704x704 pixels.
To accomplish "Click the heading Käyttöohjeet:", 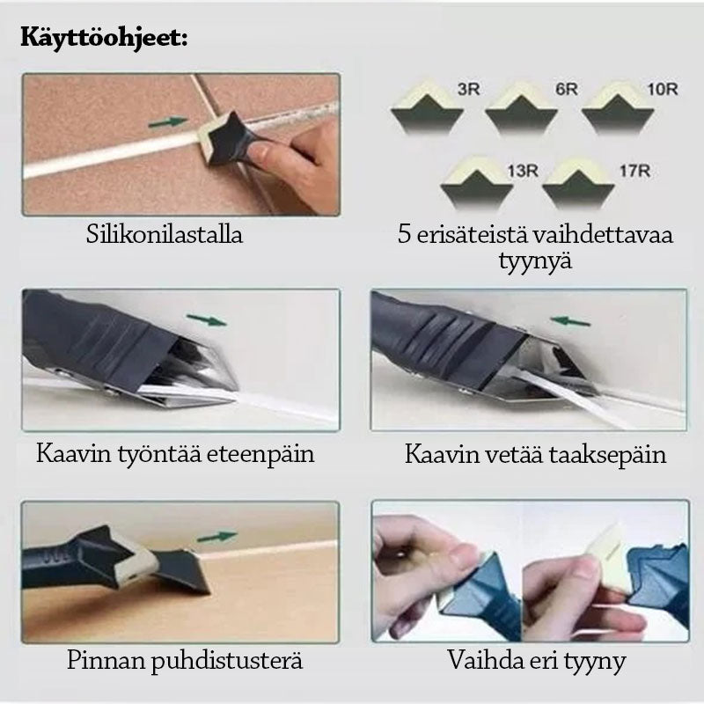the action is coord(104,39).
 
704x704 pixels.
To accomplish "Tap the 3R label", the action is coord(469,89).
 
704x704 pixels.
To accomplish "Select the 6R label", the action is coord(566,89).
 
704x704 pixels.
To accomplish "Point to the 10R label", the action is coord(663,89).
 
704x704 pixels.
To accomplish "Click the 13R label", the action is coord(523,171).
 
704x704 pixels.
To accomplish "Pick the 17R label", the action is coord(634,171).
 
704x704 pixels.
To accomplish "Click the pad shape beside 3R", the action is coord(427,106).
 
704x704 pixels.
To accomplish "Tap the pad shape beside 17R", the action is coord(578,183).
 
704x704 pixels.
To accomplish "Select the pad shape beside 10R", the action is coord(619,106).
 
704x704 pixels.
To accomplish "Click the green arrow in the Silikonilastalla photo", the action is coord(168,121).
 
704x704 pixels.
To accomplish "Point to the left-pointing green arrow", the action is coord(569,321).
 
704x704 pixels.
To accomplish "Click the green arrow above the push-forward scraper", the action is coord(207,319).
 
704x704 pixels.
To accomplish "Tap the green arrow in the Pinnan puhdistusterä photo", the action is coord(216,537).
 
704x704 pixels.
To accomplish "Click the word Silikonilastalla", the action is coord(165,234).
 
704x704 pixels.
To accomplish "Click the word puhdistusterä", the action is coord(227,661).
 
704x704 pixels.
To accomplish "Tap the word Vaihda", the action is coord(483,660).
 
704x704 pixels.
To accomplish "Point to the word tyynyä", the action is coord(535,260).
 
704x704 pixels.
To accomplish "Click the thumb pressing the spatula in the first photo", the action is coord(264,153).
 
